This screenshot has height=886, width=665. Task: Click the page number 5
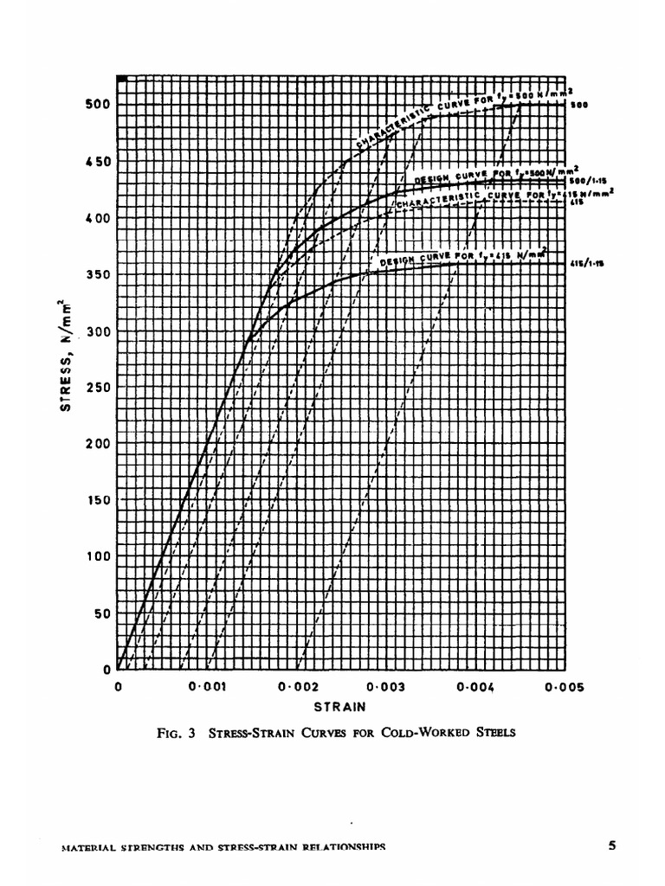coord(611,846)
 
